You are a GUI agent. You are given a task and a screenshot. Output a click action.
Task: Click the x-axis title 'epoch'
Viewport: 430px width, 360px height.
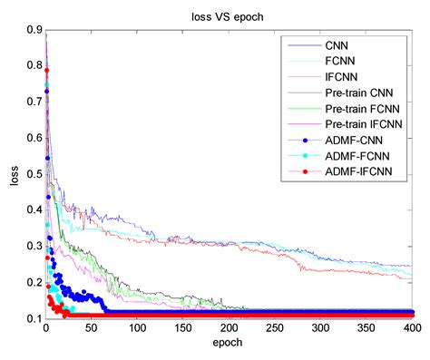(228, 345)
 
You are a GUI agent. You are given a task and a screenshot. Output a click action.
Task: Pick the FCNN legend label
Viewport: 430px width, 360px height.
(339, 61)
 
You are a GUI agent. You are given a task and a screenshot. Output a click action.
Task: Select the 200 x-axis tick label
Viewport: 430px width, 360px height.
(228, 330)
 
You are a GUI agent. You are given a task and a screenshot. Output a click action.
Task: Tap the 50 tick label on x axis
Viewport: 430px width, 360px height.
(91, 330)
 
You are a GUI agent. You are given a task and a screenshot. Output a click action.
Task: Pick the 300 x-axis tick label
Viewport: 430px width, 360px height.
(318, 330)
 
